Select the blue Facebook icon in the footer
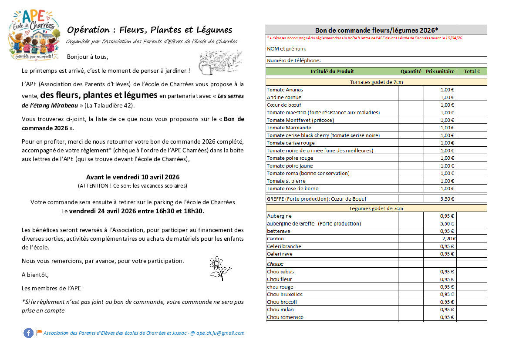28,333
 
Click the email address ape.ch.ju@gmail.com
220,333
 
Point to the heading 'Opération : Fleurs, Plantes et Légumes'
149,30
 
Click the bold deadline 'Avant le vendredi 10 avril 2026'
133,177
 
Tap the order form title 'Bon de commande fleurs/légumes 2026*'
376,30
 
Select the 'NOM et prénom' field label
287,48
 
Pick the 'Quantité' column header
411,71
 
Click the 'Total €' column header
472,71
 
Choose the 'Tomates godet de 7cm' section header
376,82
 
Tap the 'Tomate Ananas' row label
285,90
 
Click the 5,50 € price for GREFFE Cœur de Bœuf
447,199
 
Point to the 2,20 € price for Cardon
448,239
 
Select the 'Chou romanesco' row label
285,317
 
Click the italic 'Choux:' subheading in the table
275,264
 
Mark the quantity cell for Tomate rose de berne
411,188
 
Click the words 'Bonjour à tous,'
88,57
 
